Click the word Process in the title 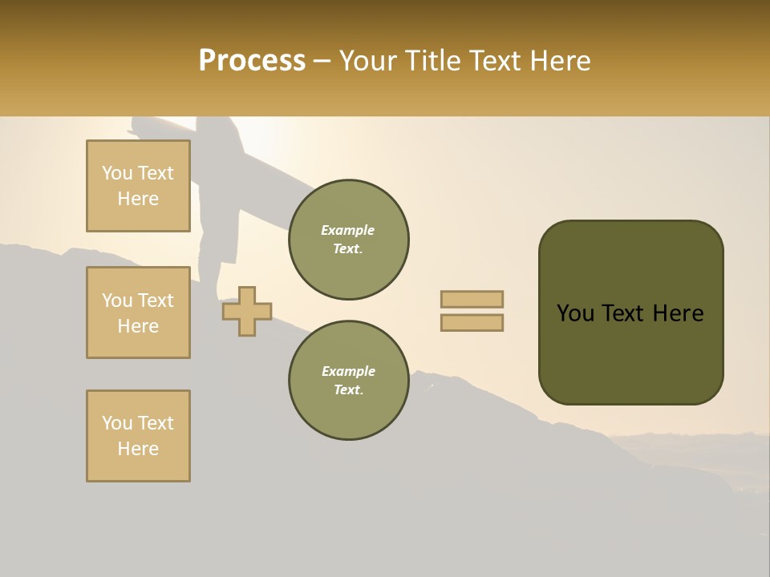[252, 60]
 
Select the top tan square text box [138, 186]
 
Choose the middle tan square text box [138, 313]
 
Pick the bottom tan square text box [138, 436]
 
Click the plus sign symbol [247, 311]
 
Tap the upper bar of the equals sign [472, 299]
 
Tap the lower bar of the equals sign [472, 323]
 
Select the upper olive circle [348, 239]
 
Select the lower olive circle [348, 380]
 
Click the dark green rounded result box [630, 313]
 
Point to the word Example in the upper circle [348, 230]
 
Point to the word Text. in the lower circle [348, 390]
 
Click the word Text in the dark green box [626, 313]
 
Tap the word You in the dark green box [575, 313]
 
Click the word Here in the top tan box [138, 199]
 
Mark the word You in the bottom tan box [117, 423]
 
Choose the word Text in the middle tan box [156, 301]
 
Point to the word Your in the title [370, 60]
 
